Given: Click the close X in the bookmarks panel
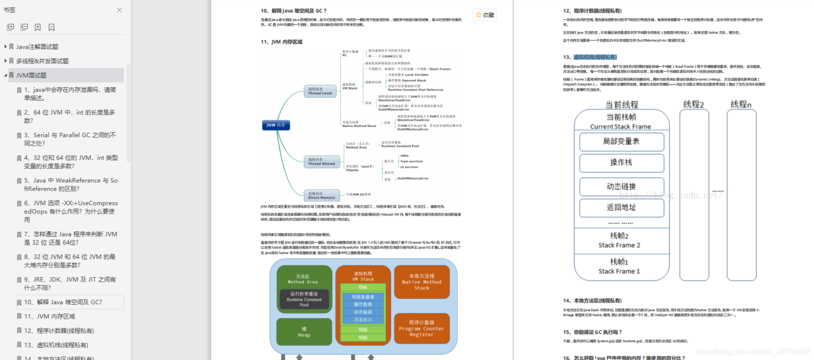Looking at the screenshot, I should (119, 10).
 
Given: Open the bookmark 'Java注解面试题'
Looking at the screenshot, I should (37, 47).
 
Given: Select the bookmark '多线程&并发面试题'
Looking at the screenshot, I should (42, 61).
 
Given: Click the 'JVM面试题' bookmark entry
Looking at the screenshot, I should (31, 75).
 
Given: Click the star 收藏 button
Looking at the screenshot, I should (485, 15).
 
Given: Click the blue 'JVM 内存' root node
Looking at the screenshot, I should (276, 125).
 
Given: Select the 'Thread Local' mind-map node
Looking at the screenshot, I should (320, 91).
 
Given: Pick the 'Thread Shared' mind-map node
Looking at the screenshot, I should (321, 162).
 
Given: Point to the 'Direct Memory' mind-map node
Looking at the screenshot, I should (321, 195).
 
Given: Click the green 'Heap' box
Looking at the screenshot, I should (304, 332).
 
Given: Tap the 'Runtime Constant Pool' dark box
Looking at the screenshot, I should (304, 299).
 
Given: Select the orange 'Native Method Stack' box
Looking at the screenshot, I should (421, 282).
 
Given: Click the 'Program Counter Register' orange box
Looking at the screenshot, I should (421, 328).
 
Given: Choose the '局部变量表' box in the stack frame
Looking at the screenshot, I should (621, 142).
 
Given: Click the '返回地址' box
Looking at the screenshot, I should (621, 207).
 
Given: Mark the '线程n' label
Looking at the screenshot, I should (741, 105).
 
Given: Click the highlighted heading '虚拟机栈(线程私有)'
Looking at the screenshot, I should (595, 57).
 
